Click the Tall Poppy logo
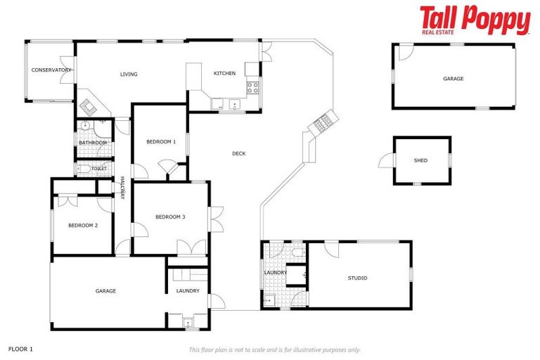[x=475, y=20]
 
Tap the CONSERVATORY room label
[x=51, y=70]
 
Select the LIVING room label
[x=129, y=75]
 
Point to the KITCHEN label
[x=224, y=74]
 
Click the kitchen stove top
[x=252, y=88]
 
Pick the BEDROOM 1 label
[x=160, y=142]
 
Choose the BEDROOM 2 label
[x=82, y=226]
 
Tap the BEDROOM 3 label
[x=170, y=217]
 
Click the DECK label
[x=239, y=153]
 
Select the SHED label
[x=420, y=160]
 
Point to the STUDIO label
[x=357, y=278]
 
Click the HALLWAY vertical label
[x=122, y=188]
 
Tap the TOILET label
[x=99, y=169]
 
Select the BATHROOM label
[x=93, y=143]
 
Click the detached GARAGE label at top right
[x=453, y=79]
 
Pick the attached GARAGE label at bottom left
[x=105, y=290]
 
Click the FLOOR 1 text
[x=20, y=348]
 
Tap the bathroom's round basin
[x=84, y=127]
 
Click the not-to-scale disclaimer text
[x=274, y=349]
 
